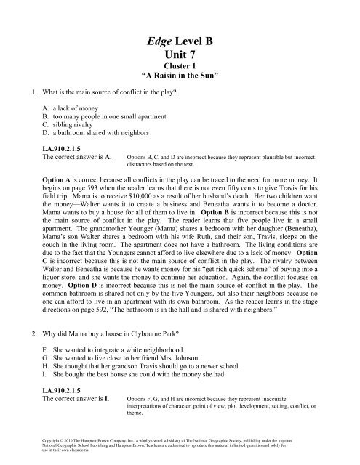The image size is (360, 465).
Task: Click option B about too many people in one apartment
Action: point(106,142)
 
